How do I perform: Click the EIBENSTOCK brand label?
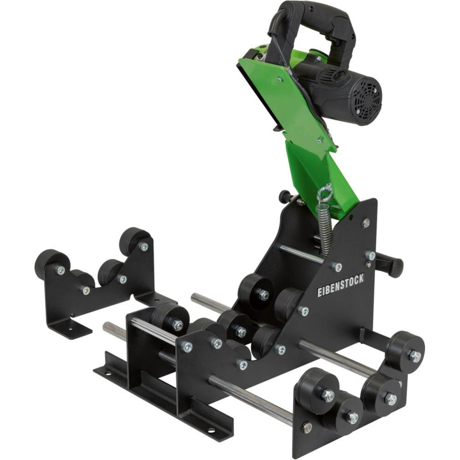point(340,285)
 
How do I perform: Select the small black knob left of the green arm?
point(285,195)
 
